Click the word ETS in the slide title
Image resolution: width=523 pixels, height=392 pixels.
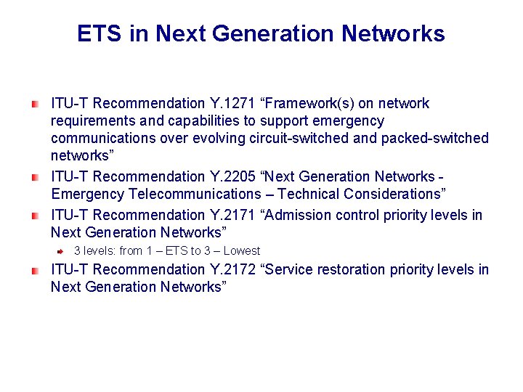(100, 33)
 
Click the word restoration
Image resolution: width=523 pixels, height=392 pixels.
(349, 269)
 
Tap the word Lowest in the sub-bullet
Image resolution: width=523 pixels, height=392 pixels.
(242, 250)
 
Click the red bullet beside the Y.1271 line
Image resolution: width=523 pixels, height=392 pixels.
(34, 104)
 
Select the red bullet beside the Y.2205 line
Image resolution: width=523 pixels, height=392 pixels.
(34, 176)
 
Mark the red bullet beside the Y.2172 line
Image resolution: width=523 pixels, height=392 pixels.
(34, 269)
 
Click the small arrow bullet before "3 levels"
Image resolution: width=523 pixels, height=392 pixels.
(61, 250)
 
